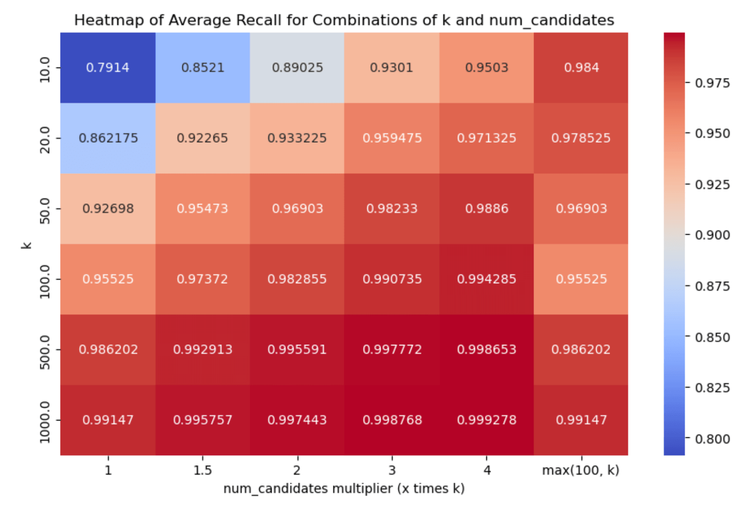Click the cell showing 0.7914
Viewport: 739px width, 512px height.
108,68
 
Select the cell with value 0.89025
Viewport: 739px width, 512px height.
297,68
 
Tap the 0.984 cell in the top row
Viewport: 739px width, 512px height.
581,68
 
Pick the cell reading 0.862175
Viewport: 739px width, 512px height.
108,138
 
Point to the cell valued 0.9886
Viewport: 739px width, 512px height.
487,209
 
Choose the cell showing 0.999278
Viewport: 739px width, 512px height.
487,420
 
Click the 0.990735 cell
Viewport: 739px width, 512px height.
392,280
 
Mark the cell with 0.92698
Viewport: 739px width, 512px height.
108,209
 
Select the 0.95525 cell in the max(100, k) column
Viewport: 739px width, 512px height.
581,280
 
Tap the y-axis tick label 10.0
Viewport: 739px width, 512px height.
45,70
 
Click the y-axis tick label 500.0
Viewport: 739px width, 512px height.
45,352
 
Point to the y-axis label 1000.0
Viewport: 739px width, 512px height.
45,423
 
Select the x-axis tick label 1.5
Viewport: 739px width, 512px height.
203,470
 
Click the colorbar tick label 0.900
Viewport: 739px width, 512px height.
712,235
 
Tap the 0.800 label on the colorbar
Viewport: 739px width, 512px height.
712,439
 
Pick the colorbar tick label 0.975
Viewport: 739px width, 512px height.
712,83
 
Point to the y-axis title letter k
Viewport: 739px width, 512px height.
27,245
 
